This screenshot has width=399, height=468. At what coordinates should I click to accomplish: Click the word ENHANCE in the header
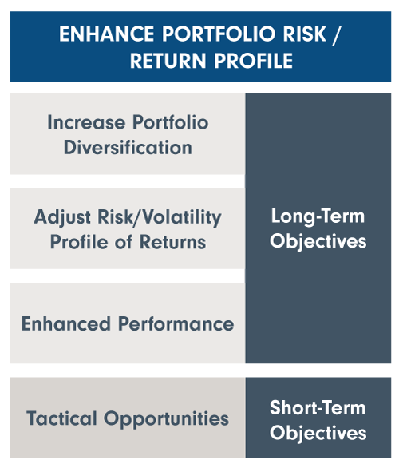click(106, 34)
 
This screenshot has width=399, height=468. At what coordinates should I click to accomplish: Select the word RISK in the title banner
click(305, 34)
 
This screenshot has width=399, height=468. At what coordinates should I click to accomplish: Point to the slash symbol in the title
click(336, 34)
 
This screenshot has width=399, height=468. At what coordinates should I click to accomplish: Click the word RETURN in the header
click(168, 61)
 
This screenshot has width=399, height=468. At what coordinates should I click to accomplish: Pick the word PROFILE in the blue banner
click(254, 61)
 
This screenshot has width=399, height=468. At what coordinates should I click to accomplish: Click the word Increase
click(86, 122)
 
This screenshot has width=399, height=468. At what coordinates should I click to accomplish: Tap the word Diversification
click(128, 148)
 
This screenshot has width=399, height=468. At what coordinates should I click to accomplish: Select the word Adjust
click(62, 217)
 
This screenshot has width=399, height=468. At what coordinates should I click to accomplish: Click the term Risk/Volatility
click(160, 217)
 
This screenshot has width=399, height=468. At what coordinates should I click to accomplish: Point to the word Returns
click(172, 242)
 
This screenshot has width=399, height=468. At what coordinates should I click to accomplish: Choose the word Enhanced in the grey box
click(66, 323)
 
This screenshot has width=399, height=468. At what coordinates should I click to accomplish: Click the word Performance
click(176, 323)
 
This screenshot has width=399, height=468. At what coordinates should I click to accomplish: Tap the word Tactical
click(61, 418)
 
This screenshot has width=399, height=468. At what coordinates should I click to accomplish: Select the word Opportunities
click(167, 419)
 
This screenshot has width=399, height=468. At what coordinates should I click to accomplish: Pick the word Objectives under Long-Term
click(318, 242)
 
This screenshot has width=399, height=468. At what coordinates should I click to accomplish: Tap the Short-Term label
click(318, 408)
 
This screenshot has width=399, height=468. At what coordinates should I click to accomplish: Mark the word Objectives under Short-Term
click(318, 434)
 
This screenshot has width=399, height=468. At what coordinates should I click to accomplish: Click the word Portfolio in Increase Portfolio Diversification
click(171, 122)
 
